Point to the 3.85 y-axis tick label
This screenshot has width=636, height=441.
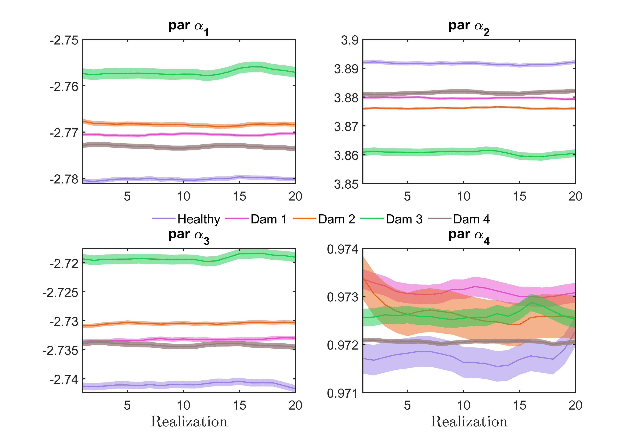[x=346, y=184]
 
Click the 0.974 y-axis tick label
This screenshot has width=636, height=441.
[x=342, y=249]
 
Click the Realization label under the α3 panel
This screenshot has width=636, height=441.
[x=189, y=422]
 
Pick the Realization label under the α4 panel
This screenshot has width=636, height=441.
[x=469, y=422]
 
